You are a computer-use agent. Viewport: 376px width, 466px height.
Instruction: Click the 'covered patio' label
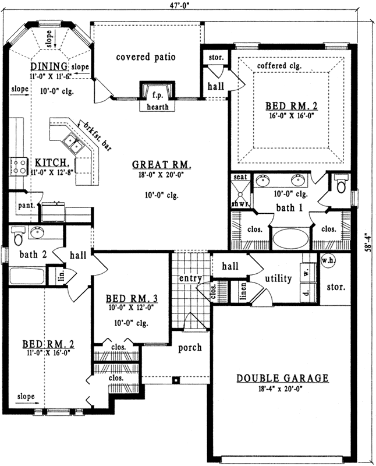coord(146,57)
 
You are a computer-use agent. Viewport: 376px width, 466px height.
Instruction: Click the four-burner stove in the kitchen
coord(18,167)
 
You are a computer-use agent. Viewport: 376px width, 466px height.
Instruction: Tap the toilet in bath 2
coord(17,237)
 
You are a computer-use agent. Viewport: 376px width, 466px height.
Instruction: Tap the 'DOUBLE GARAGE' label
coord(282,379)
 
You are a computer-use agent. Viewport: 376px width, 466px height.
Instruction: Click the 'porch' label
coord(190,348)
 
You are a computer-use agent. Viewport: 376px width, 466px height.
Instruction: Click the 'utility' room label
coord(278,279)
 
